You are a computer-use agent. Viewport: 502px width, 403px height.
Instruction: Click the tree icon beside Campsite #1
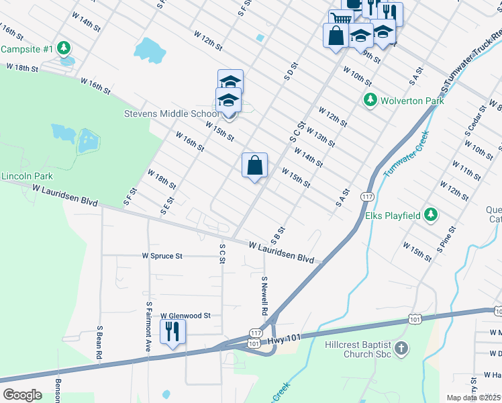click(64, 48)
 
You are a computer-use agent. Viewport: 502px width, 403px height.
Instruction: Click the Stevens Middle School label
click(171, 114)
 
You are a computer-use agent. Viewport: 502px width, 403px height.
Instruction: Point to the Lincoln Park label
click(27, 177)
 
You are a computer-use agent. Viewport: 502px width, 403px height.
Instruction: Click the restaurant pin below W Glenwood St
click(172, 331)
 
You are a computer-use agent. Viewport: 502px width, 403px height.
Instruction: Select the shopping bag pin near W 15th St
click(254, 165)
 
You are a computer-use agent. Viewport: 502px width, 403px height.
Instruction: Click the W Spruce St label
click(162, 256)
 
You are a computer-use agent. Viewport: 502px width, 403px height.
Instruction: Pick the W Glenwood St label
click(185, 315)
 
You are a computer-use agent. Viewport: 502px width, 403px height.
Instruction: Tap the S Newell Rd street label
click(264, 296)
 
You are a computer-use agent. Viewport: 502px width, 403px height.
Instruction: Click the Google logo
click(22, 395)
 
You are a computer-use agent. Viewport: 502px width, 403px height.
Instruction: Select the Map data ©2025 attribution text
click(473, 398)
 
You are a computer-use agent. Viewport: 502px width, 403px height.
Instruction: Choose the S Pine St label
click(446, 238)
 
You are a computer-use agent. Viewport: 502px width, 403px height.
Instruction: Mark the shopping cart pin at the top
click(341, 19)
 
